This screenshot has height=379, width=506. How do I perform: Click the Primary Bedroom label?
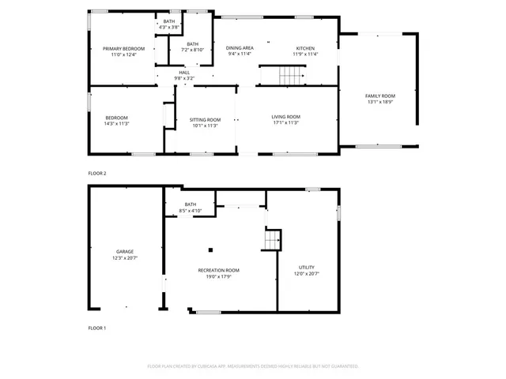pyautogui.click(x=123, y=49)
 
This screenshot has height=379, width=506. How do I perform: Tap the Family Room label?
pyautogui.click(x=379, y=96)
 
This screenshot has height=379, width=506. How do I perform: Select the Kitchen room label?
pyautogui.click(x=305, y=49)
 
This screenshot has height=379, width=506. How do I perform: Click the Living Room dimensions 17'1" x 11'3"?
pyautogui.click(x=286, y=123)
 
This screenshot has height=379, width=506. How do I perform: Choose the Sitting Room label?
pyautogui.click(x=204, y=119)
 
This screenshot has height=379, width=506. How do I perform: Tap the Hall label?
pyautogui.click(x=183, y=73)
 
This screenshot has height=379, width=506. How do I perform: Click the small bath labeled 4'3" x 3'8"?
pyautogui.click(x=169, y=24)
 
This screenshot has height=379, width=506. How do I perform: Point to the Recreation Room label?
pyautogui.click(x=218, y=270)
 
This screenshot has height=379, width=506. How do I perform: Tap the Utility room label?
pyautogui.click(x=307, y=268)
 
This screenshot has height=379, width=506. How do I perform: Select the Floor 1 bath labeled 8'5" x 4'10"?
pyautogui.click(x=191, y=207)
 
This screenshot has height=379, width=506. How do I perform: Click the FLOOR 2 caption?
pyautogui.click(x=97, y=173)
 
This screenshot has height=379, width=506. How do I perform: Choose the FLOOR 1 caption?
pyautogui.click(x=97, y=328)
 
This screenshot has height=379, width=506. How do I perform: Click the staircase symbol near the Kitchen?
pyautogui.click(x=290, y=75)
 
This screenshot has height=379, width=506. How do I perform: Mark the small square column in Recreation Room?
pyautogui.click(x=211, y=246)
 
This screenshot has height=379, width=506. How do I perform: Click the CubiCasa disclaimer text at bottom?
pyautogui.click(x=253, y=366)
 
